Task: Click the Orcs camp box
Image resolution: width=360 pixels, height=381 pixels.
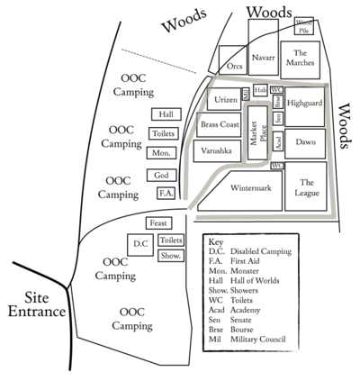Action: (235, 66)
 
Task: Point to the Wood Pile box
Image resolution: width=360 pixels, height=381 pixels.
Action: (305, 25)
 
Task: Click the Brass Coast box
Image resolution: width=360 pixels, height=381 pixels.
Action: (220, 124)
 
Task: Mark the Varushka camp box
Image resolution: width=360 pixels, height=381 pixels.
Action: (217, 150)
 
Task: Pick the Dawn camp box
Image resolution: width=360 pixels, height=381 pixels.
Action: (305, 141)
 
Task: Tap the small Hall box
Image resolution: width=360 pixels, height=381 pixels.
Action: (166, 114)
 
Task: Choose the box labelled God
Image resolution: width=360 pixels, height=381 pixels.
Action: (161, 175)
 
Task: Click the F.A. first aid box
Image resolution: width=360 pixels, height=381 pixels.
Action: (165, 193)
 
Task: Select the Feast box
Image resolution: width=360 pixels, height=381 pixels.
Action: (159, 222)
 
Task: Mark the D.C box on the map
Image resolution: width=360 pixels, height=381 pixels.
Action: (139, 244)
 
